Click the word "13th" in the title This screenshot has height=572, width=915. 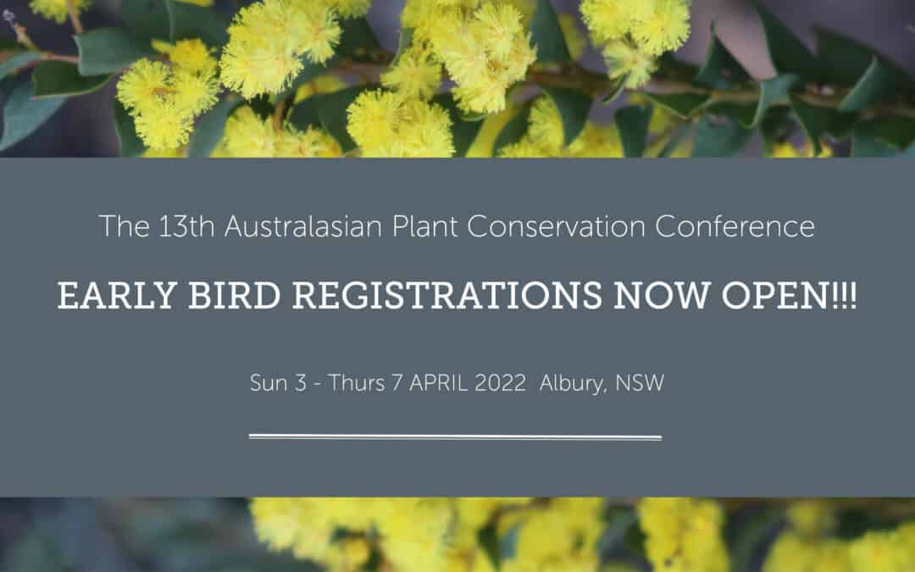coord(186,226)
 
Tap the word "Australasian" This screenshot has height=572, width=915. coord(302,226)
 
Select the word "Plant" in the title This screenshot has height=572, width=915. coord(424,226)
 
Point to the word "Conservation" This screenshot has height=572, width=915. coord(556,226)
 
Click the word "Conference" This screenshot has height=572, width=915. coord(735,226)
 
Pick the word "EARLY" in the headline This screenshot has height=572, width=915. coord(117,296)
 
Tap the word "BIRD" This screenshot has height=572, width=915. coord(235,296)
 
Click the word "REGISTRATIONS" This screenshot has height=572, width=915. coord(447,296)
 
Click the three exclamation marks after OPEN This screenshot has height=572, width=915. coord(843,296)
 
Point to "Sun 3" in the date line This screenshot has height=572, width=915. coord(278,383)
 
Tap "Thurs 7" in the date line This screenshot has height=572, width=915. coord(365,383)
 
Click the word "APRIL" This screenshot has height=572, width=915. coord(438,383)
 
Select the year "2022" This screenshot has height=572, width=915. coord(500,383)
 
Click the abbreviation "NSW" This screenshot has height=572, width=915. coord(640,383)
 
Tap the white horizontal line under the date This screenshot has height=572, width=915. coord(455,436)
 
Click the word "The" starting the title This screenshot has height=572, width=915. coord(125,226)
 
